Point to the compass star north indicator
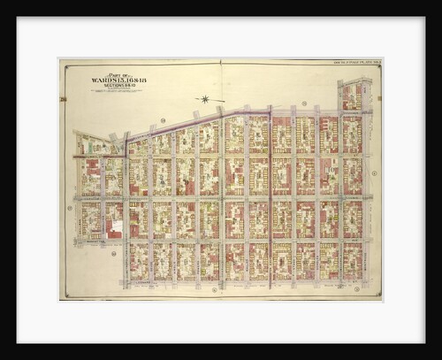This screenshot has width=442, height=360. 206,99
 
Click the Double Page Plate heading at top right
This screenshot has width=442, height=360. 354,65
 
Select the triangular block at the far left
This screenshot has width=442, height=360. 91,145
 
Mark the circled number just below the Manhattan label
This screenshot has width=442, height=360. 113,253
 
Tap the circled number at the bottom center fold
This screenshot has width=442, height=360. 213,289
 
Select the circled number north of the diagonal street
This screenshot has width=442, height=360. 163,119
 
